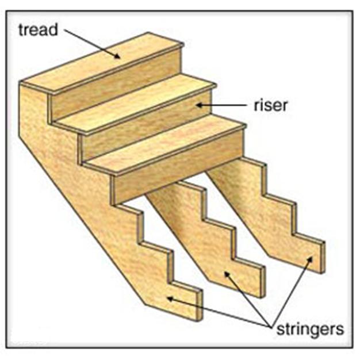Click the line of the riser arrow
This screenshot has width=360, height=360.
227,105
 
